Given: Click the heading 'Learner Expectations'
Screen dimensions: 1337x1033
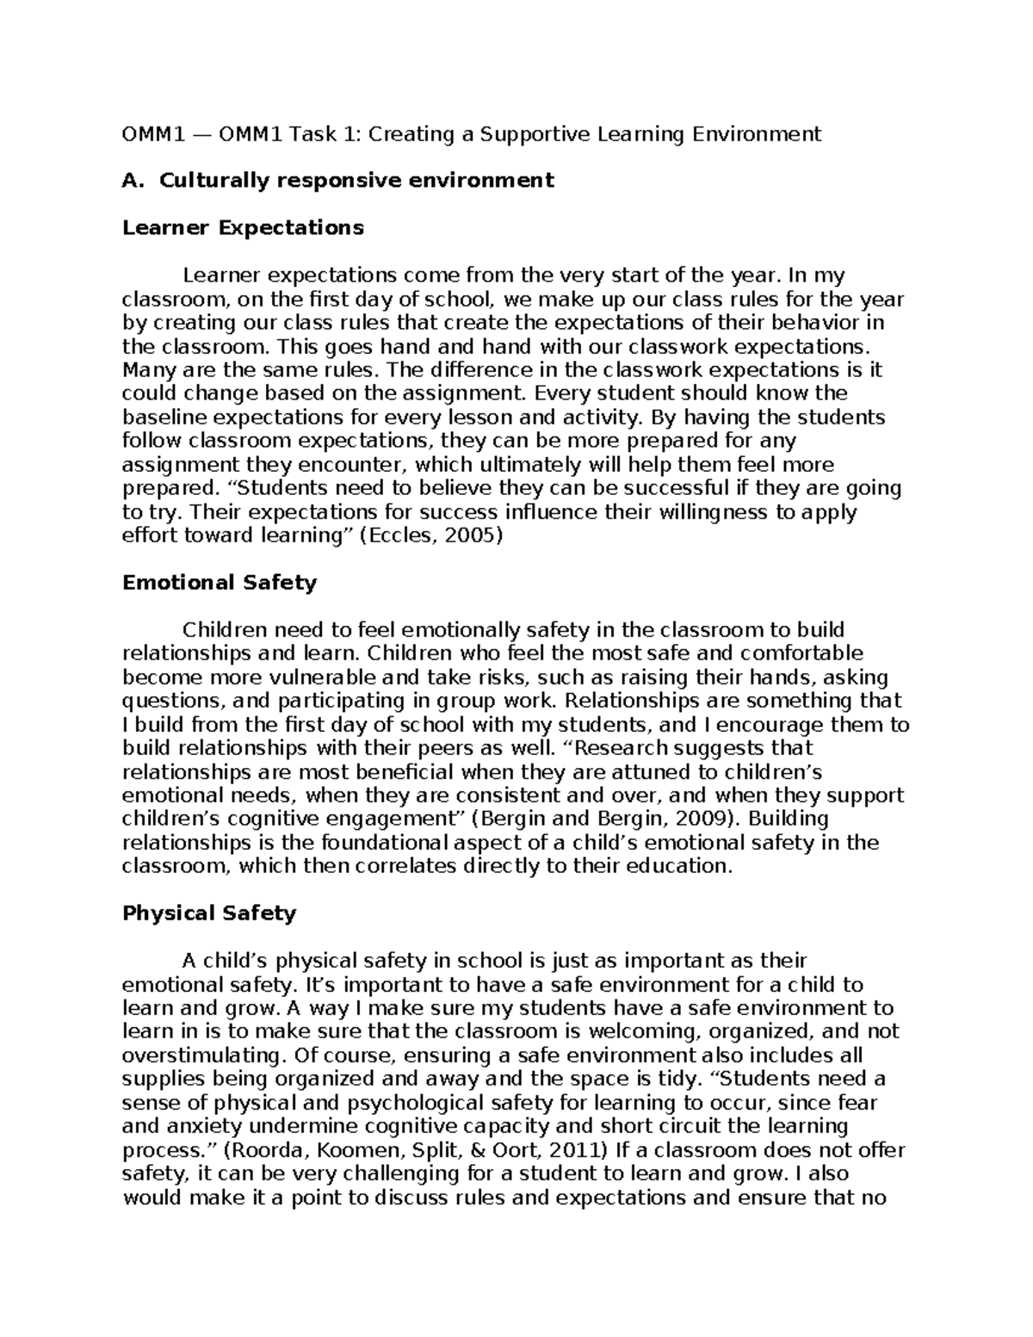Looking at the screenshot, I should coord(243,228).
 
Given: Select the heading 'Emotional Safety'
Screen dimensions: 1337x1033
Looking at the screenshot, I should coord(220,583).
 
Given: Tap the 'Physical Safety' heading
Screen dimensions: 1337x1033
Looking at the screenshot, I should coord(209,913).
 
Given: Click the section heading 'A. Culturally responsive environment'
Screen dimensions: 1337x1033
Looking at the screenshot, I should coord(338,181).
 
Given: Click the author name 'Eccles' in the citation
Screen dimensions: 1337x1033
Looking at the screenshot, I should coord(396,535).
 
